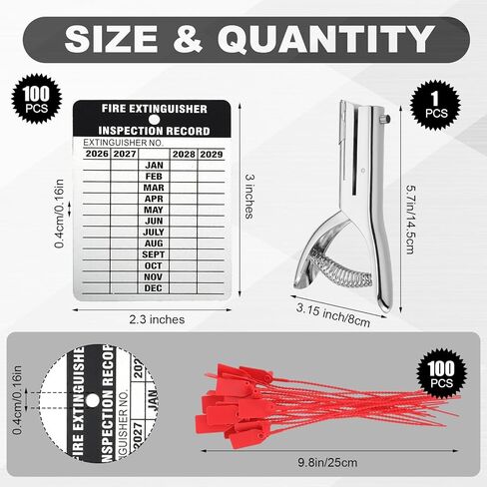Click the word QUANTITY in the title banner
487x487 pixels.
326,39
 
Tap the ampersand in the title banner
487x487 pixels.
188,39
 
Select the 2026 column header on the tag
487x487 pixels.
97,154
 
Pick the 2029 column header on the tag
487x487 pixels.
212,155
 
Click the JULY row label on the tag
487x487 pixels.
154,233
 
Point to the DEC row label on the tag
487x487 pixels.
153,288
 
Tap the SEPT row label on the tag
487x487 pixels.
154,254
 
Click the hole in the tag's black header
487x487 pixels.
154,119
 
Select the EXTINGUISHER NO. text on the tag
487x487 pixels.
123,143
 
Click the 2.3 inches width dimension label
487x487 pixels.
157,319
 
